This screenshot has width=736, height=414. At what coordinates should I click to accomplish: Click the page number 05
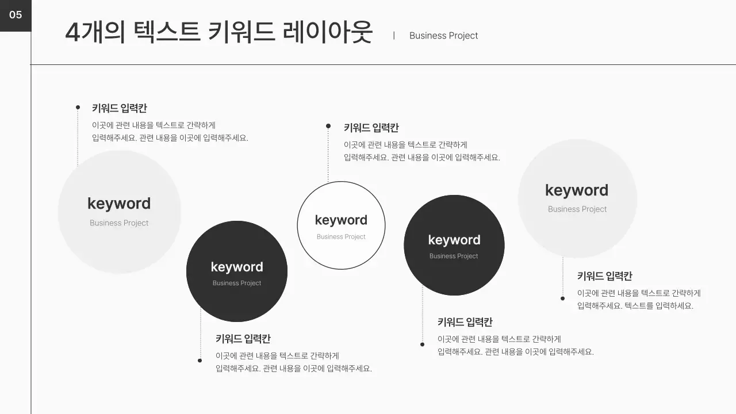click(16, 15)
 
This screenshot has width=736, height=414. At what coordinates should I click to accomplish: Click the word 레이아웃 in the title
click(328, 32)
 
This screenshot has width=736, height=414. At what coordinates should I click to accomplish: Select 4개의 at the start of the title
click(95, 32)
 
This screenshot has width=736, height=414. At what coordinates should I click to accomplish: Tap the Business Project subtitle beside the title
click(443, 36)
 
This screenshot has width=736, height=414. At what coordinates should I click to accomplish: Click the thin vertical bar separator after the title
click(394, 36)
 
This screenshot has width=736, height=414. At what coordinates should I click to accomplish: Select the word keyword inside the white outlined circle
click(341, 220)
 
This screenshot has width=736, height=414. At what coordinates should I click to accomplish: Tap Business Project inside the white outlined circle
click(341, 237)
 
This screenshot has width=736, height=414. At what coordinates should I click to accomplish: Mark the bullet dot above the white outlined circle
click(328, 126)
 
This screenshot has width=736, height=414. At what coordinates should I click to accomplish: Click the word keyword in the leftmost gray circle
click(119, 204)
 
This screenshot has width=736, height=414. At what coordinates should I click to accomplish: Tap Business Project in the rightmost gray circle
click(577, 209)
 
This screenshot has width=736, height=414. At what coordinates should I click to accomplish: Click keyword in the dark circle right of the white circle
click(454, 240)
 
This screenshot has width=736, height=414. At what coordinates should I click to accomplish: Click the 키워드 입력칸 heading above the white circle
click(371, 128)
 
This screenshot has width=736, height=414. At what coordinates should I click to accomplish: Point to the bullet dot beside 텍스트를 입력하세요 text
click(563, 298)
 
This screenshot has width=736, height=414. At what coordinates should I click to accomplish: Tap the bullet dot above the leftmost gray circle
click(78, 107)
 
